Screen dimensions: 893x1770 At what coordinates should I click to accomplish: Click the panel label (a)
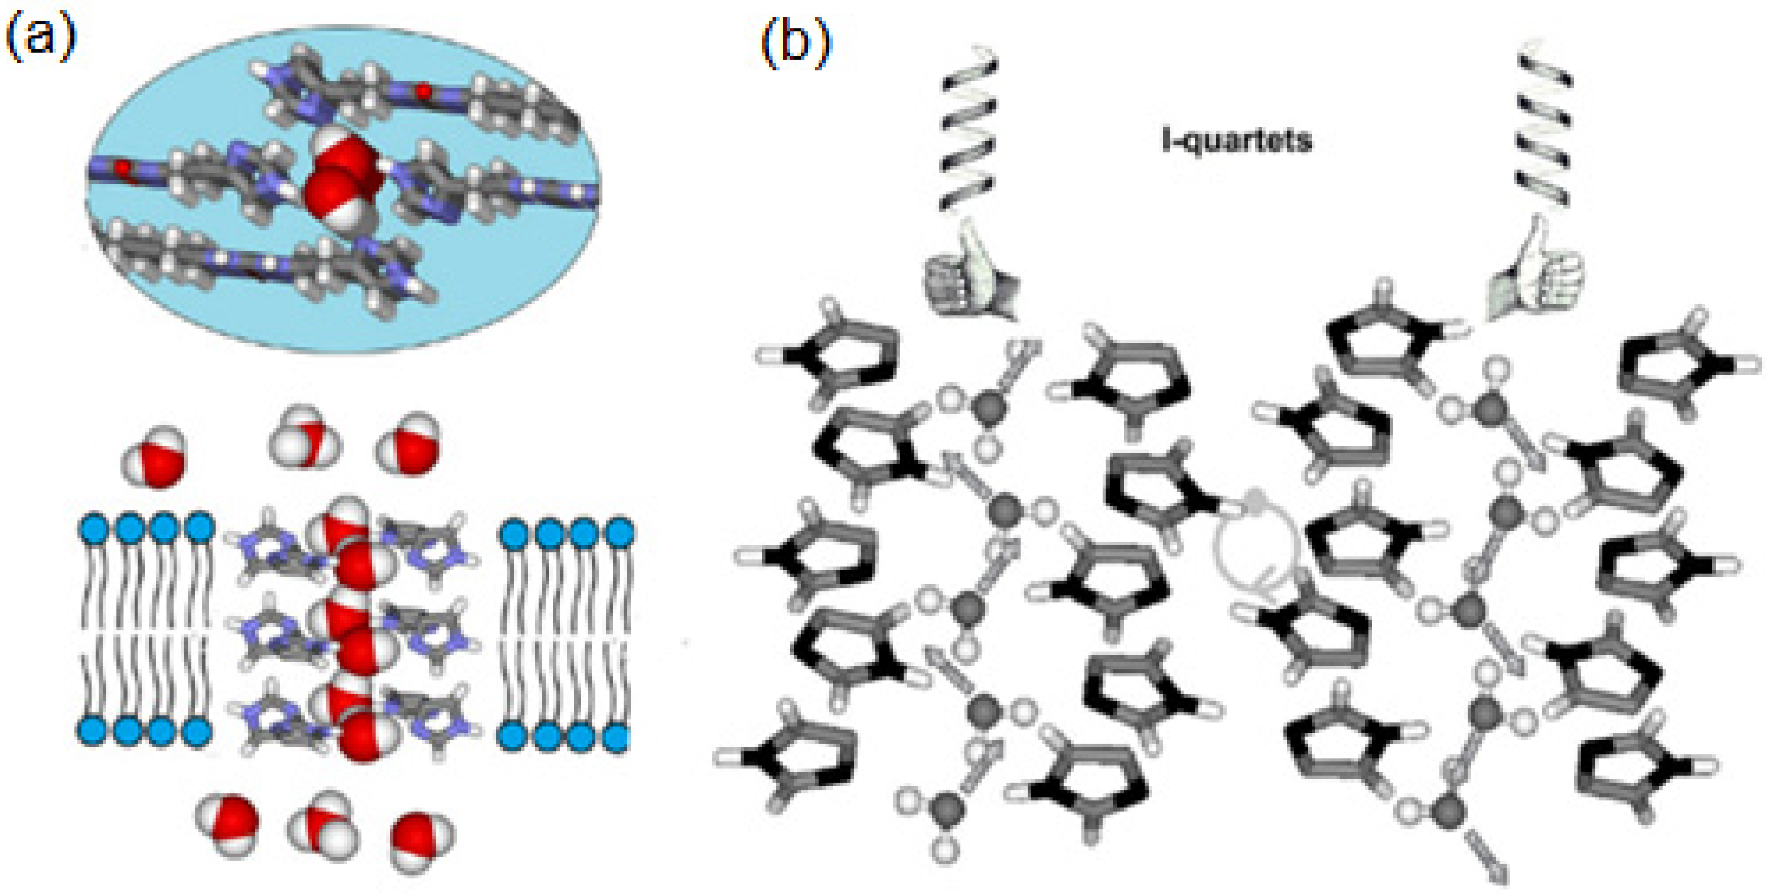pos(40,38)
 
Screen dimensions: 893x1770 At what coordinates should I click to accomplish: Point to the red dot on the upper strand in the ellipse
pos(424,90)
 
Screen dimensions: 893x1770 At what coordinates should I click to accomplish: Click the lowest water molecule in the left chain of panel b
pos(947,810)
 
